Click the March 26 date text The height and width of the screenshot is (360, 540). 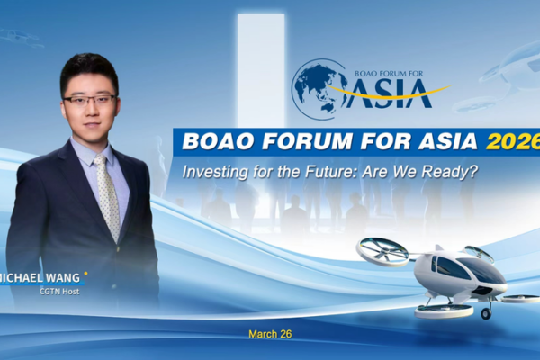click(x=270, y=334)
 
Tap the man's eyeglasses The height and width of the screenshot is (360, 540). click(x=90, y=99)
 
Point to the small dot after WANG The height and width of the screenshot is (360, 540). click(x=85, y=272)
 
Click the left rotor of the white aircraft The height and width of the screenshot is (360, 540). click(x=383, y=251)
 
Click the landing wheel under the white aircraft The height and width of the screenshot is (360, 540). click(x=487, y=313)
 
